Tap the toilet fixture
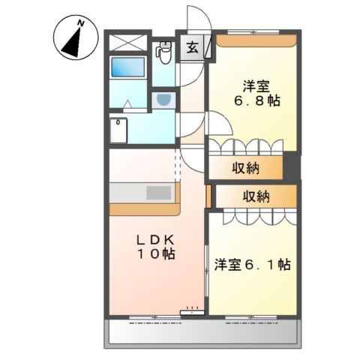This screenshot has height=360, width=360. tap(164, 51)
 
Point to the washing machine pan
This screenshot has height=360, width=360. tap(119, 129)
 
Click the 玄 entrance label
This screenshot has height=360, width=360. tap(192, 49)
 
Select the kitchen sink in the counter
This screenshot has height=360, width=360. tap(158, 192)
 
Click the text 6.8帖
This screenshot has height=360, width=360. tap(254, 99)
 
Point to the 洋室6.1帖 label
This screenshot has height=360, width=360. tap(253, 265)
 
